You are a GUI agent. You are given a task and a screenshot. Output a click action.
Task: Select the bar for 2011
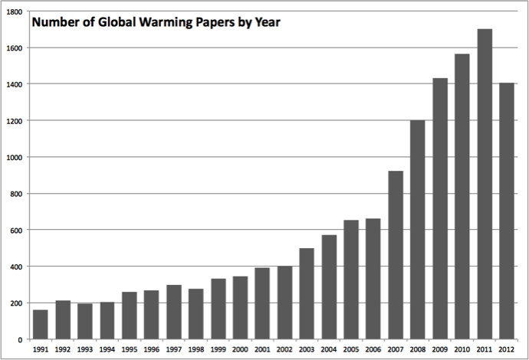point(485,184)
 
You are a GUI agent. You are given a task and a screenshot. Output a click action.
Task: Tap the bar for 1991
point(41,324)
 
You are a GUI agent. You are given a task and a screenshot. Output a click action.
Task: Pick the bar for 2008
point(418,230)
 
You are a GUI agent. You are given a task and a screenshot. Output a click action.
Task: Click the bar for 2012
point(507,211)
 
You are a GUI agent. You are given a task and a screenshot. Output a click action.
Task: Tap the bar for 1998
point(195,314)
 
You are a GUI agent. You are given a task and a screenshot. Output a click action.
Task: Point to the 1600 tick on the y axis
point(15,47)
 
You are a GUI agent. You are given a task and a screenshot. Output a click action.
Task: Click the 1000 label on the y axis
point(15,157)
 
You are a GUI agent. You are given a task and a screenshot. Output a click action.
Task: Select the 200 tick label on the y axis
point(17,303)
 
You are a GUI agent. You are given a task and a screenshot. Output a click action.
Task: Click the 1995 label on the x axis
point(130,349)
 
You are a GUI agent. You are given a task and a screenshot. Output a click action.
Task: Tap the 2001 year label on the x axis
point(262,349)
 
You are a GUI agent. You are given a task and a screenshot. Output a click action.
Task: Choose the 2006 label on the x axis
point(373,349)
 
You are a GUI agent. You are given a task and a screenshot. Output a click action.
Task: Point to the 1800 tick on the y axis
point(15,11)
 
